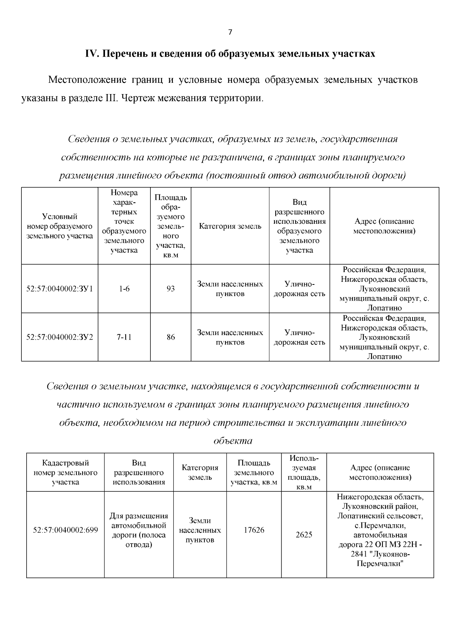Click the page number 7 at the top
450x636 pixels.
pos(230,33)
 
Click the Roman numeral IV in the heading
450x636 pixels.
pos(91,54)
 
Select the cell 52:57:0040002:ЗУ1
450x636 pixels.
pos(60,289)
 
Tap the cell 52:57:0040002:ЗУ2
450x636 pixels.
pos(60,337)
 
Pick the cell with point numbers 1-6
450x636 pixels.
pos(124,289)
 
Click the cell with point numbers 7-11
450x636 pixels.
pos(124,337)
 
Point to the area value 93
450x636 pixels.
pos(171,289)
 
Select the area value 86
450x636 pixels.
pos(171,337)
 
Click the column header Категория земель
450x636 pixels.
pos(230,226)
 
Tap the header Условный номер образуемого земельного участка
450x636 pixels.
pos(60,226)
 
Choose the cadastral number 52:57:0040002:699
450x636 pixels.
pos(65,530)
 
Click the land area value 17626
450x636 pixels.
pos(254,530)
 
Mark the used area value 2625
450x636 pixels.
pos(304,535)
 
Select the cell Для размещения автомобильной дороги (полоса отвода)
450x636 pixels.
pos(139,530)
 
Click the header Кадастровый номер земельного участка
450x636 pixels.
pos(65,472)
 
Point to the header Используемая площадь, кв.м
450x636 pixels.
pos(304,472)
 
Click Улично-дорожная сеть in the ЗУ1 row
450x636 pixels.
pos(299,289)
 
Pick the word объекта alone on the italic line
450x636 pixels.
pos(232,441)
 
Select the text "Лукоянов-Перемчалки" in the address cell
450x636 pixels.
pos(380,559)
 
